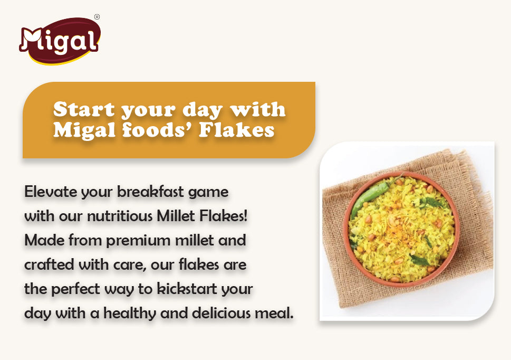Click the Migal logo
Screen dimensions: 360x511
[60, 40]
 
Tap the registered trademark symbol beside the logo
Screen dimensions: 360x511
[97, 17]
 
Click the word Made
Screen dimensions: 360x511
[42, 240]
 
